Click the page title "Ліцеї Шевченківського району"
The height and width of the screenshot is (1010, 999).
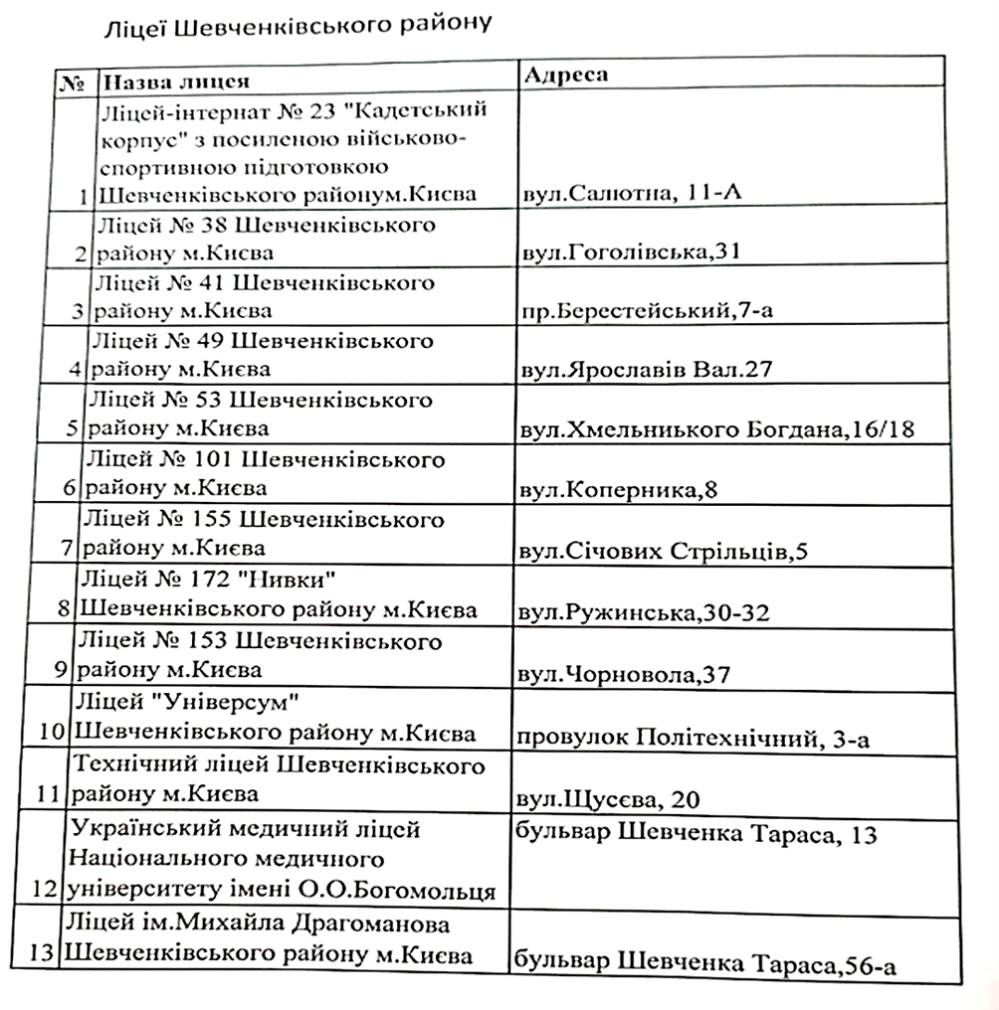coord(299,27)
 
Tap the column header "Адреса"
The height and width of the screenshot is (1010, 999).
coord(564,76)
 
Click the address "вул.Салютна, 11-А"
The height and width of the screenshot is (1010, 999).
coord(629,192)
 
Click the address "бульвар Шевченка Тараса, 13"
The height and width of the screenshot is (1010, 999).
coord(698,835)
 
